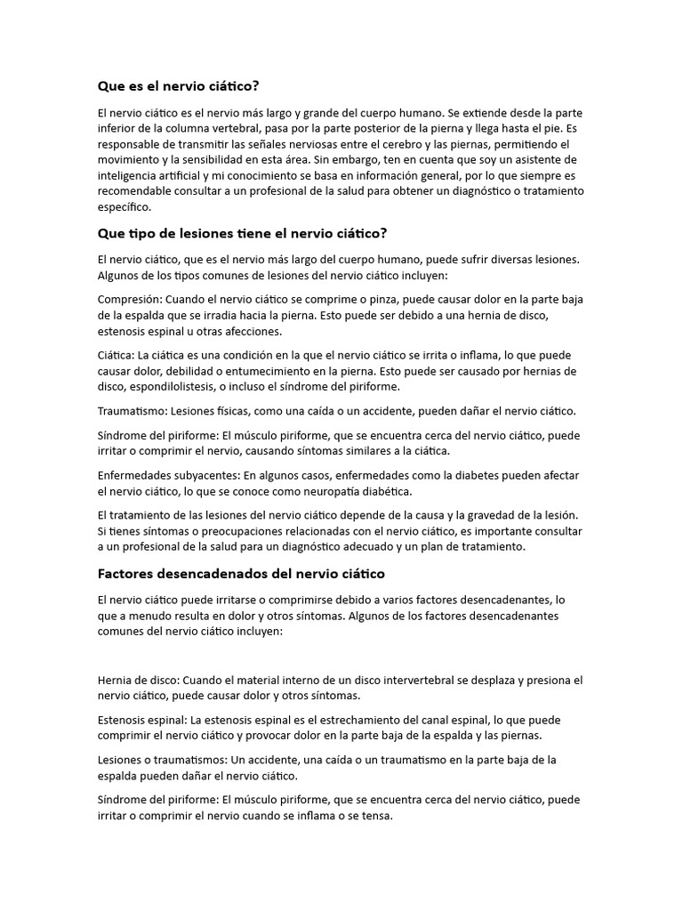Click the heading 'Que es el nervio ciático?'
(x=178, y=86)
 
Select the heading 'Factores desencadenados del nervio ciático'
(x=241, y=574)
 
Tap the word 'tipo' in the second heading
(x=144, y=233)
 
